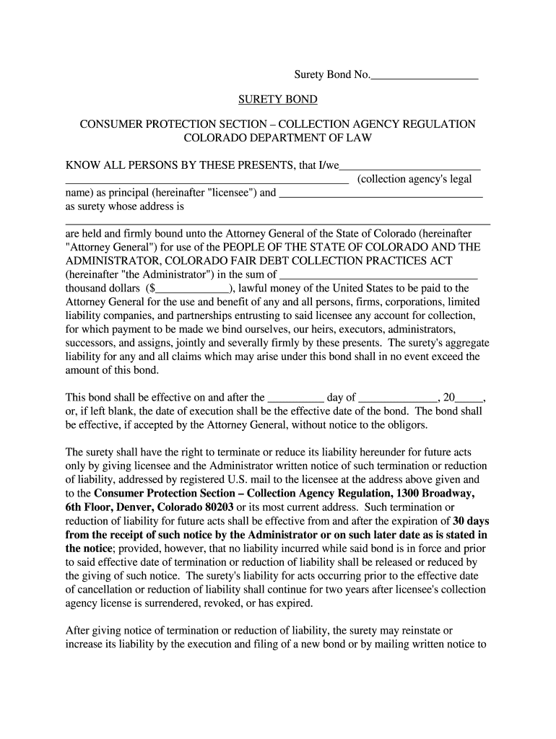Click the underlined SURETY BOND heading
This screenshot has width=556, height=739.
278,100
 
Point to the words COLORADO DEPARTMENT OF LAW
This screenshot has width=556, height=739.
278,137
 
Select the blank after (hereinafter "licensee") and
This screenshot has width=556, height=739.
381,193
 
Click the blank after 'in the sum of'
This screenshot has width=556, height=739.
379,274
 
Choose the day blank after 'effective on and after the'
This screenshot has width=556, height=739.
296,397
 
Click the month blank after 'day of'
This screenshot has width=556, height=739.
398,397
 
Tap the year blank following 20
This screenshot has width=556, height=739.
470,397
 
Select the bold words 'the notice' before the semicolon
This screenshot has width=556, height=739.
89,548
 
